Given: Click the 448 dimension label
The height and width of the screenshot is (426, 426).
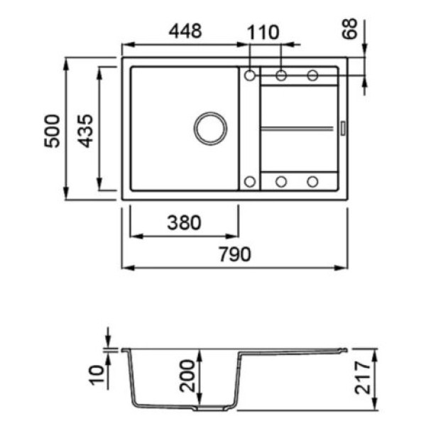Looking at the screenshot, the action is tap(185, 31).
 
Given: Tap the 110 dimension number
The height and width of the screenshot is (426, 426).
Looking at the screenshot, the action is tap(263, 33).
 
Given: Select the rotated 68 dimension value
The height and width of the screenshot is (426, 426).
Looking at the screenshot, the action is tap(349, 28).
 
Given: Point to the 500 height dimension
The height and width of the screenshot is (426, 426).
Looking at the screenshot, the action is tap(52, 131).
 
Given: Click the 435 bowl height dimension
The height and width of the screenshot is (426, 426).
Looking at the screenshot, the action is tap(85, 131).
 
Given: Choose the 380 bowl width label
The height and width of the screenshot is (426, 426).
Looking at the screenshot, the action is tap(184, 222).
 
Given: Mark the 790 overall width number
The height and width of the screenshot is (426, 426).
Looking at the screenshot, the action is tap(235, 254).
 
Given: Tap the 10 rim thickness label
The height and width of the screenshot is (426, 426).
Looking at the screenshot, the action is tap(97, 375).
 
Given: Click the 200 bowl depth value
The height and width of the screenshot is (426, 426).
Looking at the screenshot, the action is tap(187, 376).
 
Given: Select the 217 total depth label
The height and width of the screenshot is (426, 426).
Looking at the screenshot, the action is tap(363, 378).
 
